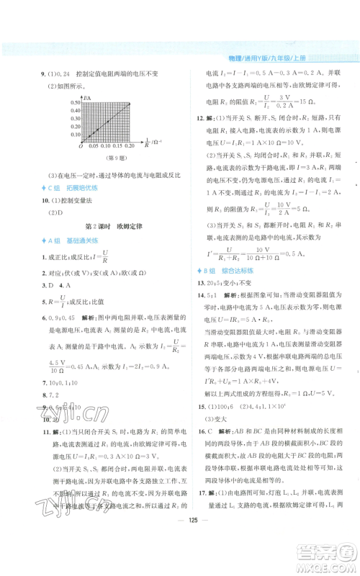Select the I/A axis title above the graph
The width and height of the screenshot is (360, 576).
click(87, 96)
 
